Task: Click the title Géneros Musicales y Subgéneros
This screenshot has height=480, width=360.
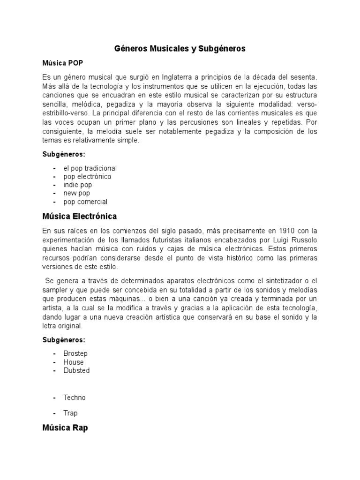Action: coord(180,49)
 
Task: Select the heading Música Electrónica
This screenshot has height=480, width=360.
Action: coord(79,216)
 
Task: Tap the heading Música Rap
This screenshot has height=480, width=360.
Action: coord(65,427)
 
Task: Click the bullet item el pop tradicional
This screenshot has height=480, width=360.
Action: coord(90,168)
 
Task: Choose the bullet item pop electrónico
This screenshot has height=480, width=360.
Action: coord(87,177)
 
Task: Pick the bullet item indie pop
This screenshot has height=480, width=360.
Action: coord(78,185)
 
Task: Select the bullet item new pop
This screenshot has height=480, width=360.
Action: coord(77,193)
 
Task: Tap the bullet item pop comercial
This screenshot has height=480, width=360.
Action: coord(86,202)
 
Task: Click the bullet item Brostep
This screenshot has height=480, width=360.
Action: coord(75,353)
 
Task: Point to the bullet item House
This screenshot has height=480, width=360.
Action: coord(74,362)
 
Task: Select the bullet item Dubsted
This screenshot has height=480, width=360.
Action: coord(76,370)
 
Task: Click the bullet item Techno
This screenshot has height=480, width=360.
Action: coord(75,397)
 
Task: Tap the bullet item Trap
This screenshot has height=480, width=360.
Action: coord(70,413)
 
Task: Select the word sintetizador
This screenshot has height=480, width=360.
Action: coord(273,281)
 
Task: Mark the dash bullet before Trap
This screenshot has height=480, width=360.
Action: coord(55,413)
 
